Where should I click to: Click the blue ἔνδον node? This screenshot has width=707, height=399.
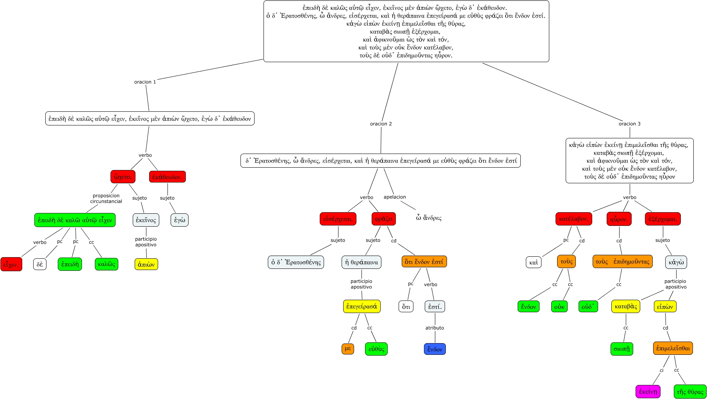point(435,349)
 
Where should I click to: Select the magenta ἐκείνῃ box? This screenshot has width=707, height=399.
point(648,391)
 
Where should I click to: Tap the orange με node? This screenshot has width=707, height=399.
point(348,349)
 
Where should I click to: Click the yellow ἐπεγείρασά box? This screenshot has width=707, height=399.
point(362,306)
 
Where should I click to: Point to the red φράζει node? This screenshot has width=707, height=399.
point(384,219)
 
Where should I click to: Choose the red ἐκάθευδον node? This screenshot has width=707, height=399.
point(167,177)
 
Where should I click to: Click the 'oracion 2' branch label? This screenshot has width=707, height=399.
point(381,123)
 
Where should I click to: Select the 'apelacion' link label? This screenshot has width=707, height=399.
point(395,197)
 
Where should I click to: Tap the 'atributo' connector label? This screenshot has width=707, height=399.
point(435,328)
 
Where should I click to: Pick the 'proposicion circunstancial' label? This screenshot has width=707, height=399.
point(106,199)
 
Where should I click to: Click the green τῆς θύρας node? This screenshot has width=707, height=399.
point(690,392)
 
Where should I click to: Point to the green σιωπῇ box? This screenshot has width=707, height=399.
point(622,349)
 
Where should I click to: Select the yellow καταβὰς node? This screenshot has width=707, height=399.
point(626,306)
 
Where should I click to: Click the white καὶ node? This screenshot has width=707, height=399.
point(534,262)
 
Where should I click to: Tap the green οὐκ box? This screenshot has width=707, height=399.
point(559,306)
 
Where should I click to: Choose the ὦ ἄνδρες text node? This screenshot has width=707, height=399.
point(429,218)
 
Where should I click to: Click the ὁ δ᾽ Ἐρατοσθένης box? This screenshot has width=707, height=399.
point(296,262)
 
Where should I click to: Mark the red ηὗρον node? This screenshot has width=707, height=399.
point(619,219)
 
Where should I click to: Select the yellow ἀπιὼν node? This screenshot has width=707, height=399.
point(146,264)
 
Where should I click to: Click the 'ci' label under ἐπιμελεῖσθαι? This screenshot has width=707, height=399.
point(662,370)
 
